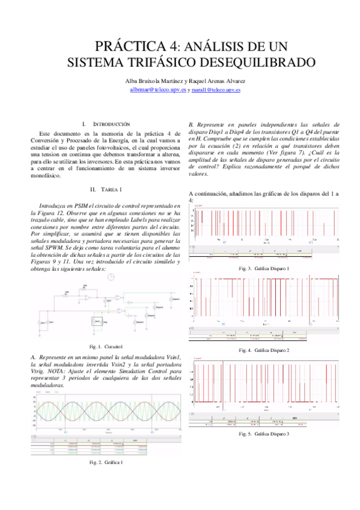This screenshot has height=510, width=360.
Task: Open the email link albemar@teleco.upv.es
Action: (158, 89)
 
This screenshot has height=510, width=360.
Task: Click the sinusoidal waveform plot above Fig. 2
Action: (105, 414)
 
